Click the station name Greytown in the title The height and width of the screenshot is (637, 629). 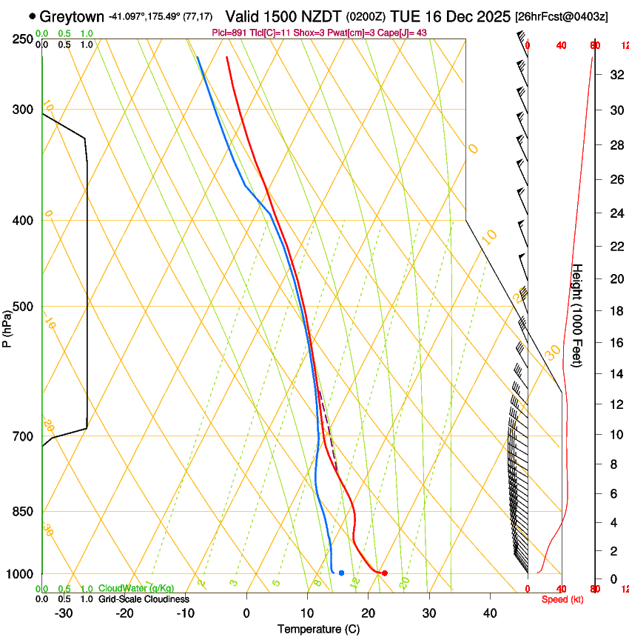pyautogui.click(x=72, y=16)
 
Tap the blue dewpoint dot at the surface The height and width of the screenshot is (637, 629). pyautogui.click(x=341, y=573)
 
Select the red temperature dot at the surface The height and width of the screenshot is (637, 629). pyautogui.click(x=385, y=573)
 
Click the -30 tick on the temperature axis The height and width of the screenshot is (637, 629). pyautogui.click(x=64, y=613)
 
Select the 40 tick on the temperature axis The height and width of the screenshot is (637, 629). pyautogui.click(x=490, y=613)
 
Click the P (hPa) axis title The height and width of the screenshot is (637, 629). pyautogui.click(x=7, y=325)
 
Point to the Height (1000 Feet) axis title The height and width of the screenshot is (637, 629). pyautogui.click(x=577, y=318)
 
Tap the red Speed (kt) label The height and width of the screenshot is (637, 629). pyautogui.click(x=562, y=599)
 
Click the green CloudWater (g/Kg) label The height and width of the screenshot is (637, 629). pyautogui.click(x=136, y=588)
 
